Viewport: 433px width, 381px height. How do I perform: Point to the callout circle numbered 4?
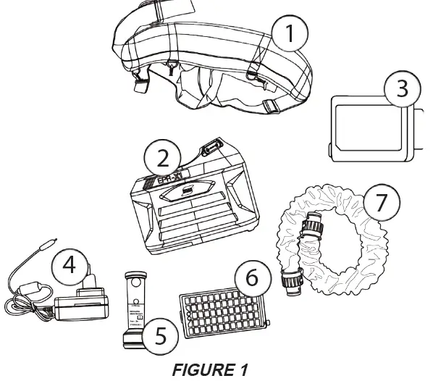(x=67, y=265)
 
